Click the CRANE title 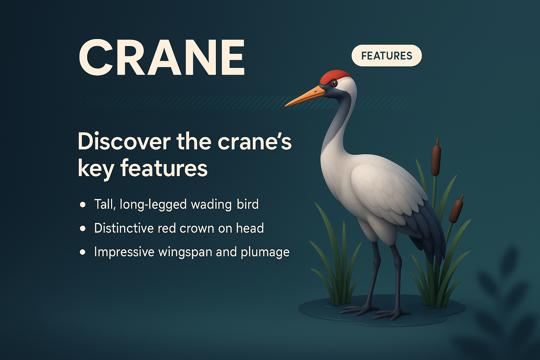161,58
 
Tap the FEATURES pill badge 386,56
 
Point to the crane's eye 334,83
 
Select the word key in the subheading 91,169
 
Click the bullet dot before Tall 83,204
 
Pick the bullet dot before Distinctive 83,229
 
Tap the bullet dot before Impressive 83,252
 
